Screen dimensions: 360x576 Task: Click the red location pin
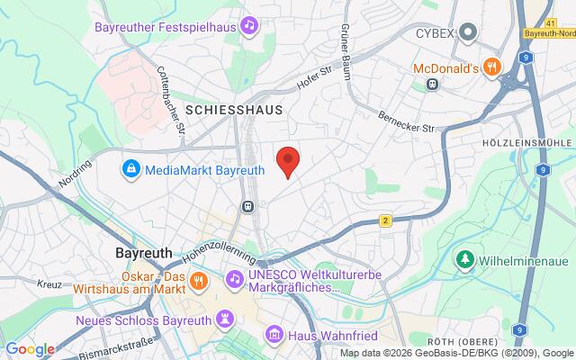pyautogui.click(x=287, y=159)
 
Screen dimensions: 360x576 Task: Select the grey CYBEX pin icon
pyautogui.click(x=468, y=33)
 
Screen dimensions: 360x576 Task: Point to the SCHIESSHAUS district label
pyautogui.click(x=233, y=109)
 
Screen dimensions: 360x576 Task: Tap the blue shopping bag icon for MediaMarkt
pyautogui.click(x=131, y=168)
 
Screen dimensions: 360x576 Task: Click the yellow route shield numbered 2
pyautogui.click(x=384, y=220)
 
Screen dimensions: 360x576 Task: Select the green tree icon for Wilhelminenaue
pyautogui.click(x=465, y=261)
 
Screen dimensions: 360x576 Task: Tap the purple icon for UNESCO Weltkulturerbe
pyautogui.click(x=234, y=280)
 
